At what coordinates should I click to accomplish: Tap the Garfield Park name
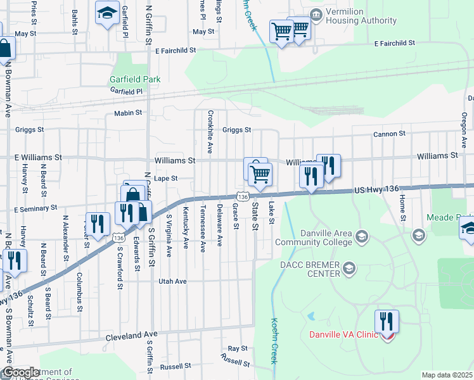click(134, 79)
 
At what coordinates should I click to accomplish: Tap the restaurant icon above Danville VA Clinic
click(386, 322)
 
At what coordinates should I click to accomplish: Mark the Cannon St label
click(389, 134)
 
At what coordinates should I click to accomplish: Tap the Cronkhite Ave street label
click(209, 129)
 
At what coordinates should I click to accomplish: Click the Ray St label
click(238, 349)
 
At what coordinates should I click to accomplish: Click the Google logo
click(20, 372)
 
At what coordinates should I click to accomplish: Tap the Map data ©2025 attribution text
click(447, 375)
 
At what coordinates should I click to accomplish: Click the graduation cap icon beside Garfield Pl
click(107, 11)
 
